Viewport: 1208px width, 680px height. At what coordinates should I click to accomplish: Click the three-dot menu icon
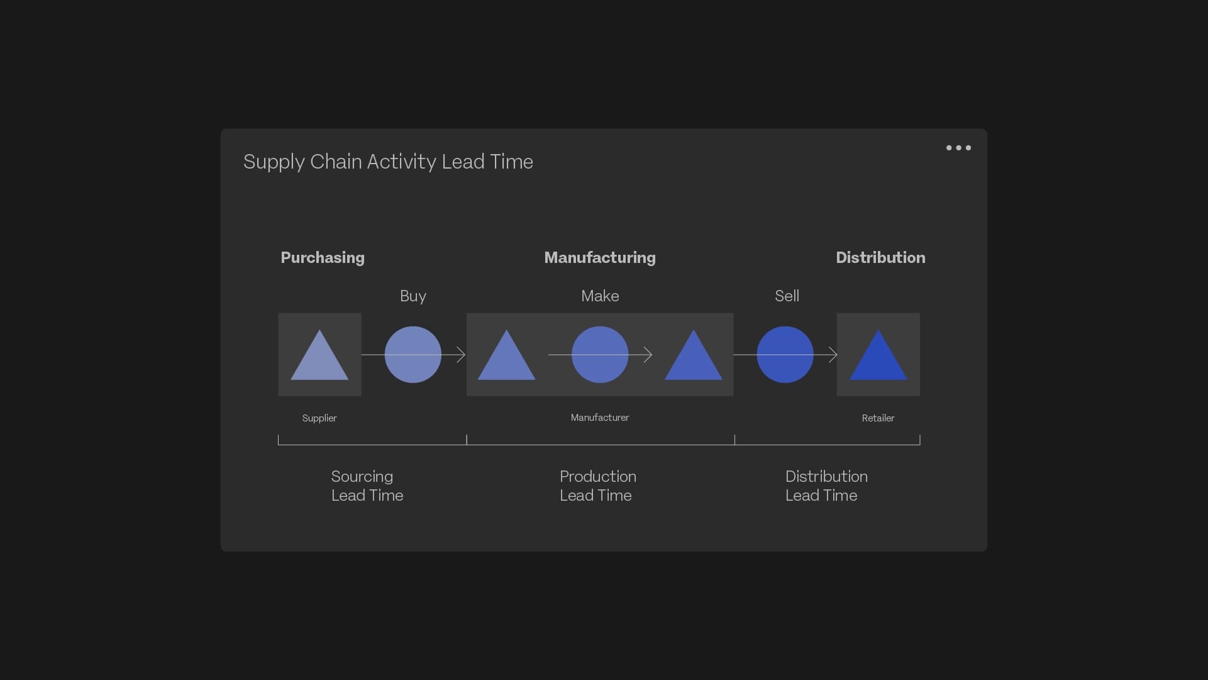pos(958,148)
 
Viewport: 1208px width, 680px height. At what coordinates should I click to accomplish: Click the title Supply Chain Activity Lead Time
pos(388,162)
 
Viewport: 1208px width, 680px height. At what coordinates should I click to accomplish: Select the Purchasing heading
pos(323,258)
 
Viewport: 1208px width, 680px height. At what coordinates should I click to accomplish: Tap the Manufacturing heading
pos(600,258)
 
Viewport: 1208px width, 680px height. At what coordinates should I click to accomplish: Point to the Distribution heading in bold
pos(880,257)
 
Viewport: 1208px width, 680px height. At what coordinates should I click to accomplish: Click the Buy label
pos(413,296)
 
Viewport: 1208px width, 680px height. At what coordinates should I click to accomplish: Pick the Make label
pos(600,296)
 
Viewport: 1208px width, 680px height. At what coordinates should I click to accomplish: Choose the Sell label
pos(787,296)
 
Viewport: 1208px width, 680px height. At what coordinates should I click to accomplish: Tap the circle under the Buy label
pos(413,355)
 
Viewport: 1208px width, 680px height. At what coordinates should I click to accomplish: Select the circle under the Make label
pos(600,355)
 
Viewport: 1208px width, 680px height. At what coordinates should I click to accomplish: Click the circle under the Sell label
pos(785,355)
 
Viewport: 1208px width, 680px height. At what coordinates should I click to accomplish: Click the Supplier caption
pos(319,418)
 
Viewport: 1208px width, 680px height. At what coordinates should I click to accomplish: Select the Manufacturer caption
pos(600,418)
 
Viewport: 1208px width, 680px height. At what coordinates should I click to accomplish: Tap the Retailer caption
pos(878,418)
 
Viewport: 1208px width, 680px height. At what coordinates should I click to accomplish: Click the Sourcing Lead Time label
pos(367,486)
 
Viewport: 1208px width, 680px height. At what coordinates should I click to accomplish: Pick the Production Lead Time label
pos(598,486)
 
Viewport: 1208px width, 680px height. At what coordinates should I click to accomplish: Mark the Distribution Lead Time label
pos(826,486)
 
